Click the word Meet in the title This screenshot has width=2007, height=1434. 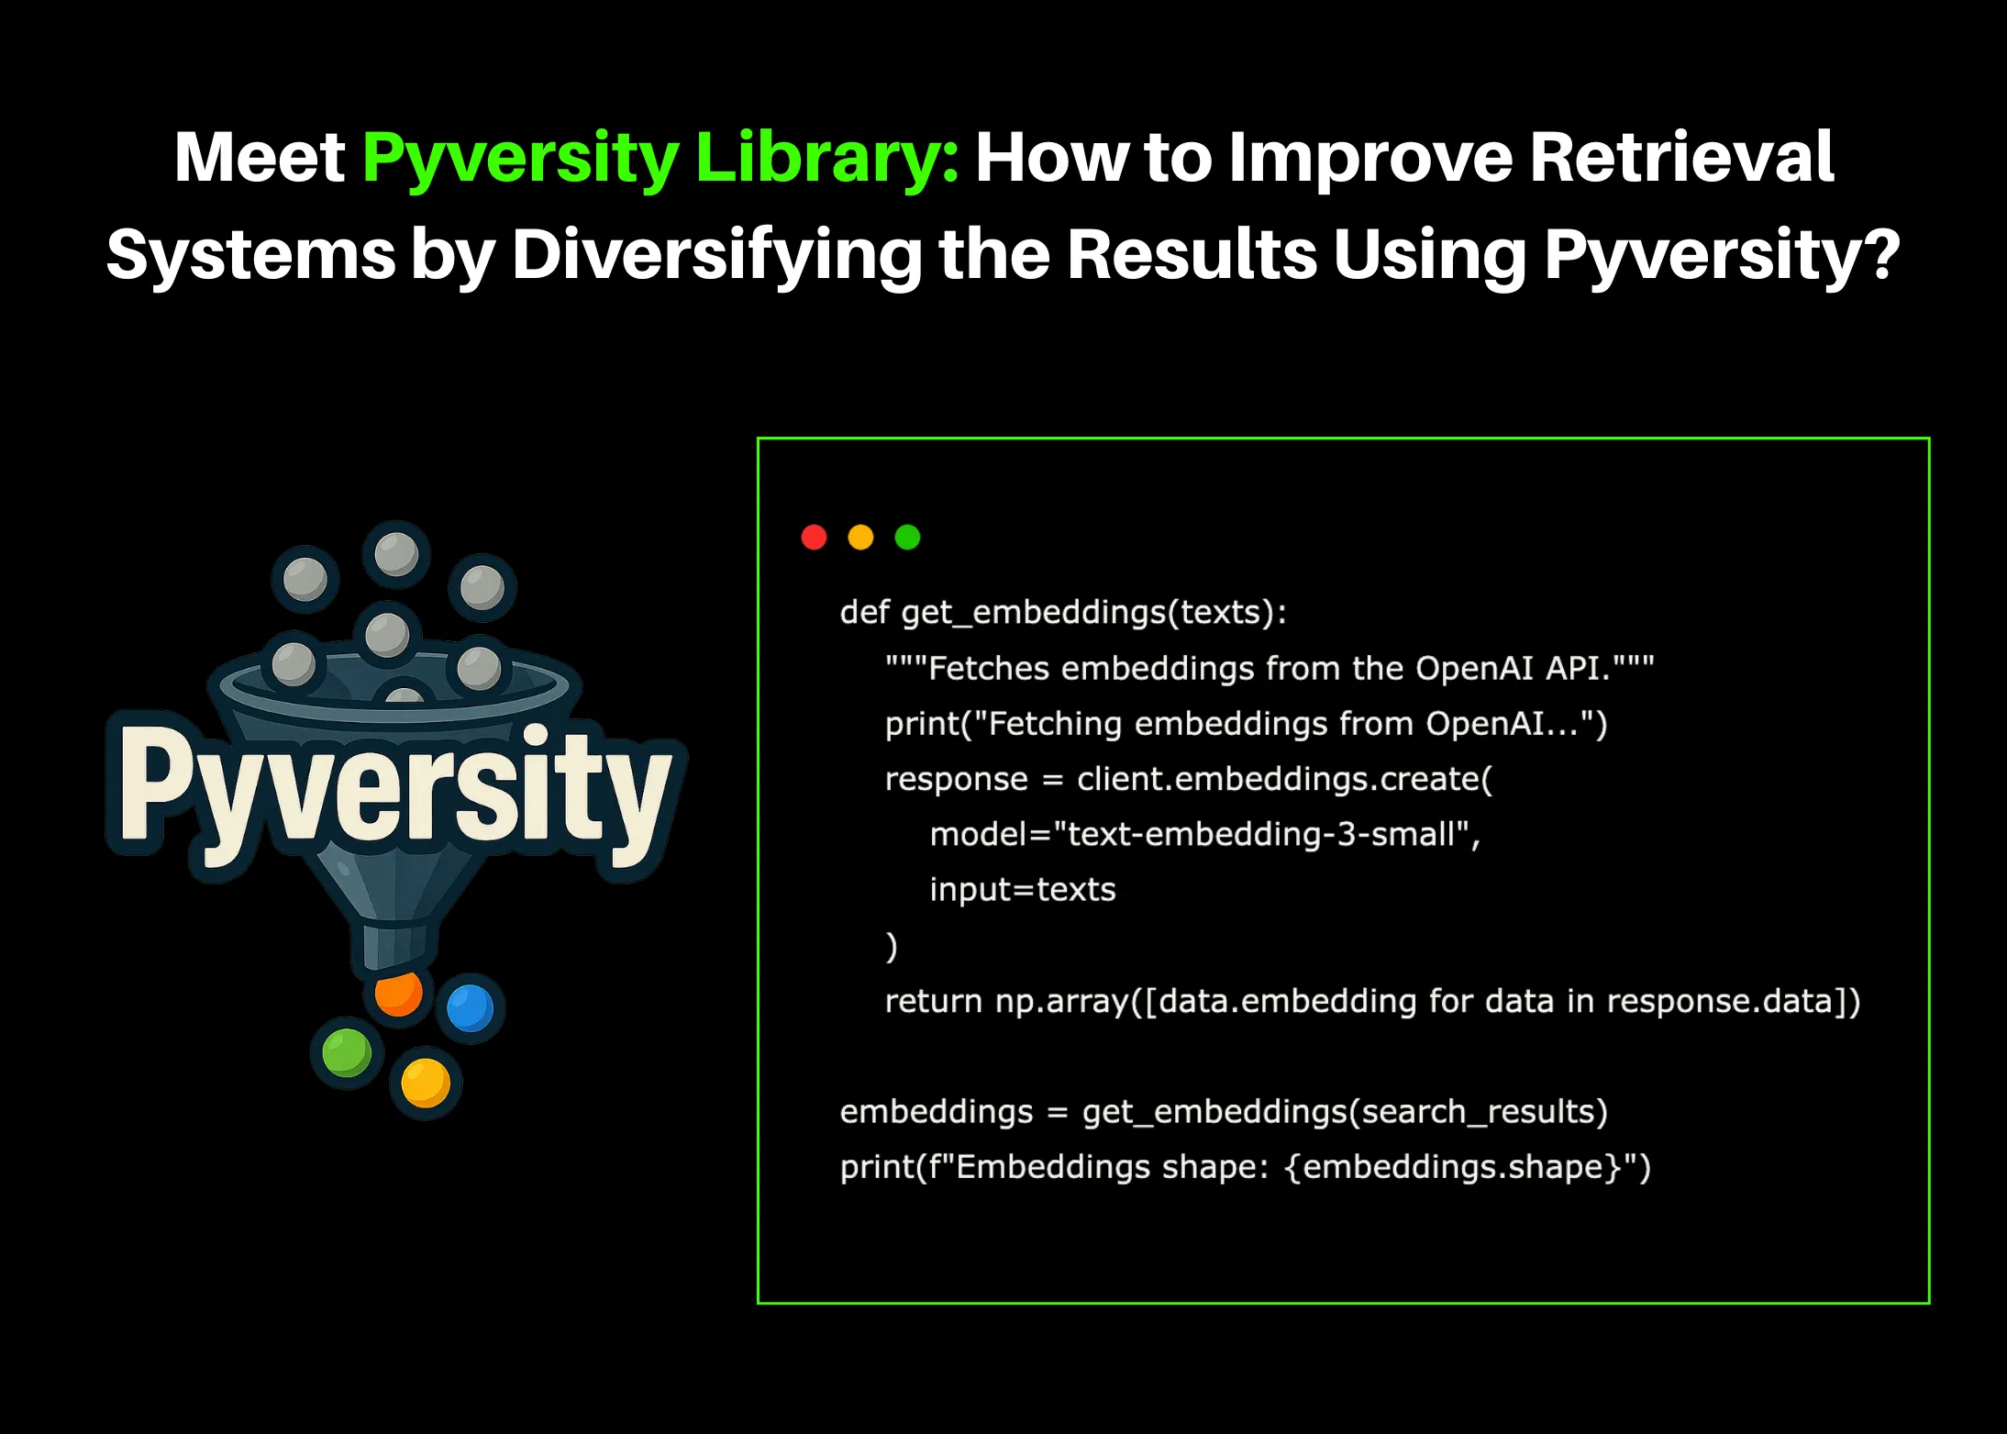[x=260, y=158]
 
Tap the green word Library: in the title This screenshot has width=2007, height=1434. [x=826, y=158]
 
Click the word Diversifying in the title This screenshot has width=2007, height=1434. [x=716, y=255]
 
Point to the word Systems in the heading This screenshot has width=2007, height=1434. [x=250, y=255]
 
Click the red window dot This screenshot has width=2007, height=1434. [x=814, y=537]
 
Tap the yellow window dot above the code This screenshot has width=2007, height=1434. [x=860, y=537]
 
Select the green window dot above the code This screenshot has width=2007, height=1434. [x=907, y=537]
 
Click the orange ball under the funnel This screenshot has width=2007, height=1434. [x=397, y=993]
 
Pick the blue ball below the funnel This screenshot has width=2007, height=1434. [x=470, y=1007]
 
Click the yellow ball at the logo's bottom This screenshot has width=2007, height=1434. [x=425, y=1082]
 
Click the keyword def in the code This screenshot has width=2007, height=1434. [x=864, y=612]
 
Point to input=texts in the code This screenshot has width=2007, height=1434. [x=1022, y=889]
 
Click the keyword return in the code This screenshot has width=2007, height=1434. [x=933, y=1000]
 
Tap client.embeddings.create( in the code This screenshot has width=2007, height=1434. [x=1284, y=779]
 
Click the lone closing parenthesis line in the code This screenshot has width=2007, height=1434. [x=891, y=945]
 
